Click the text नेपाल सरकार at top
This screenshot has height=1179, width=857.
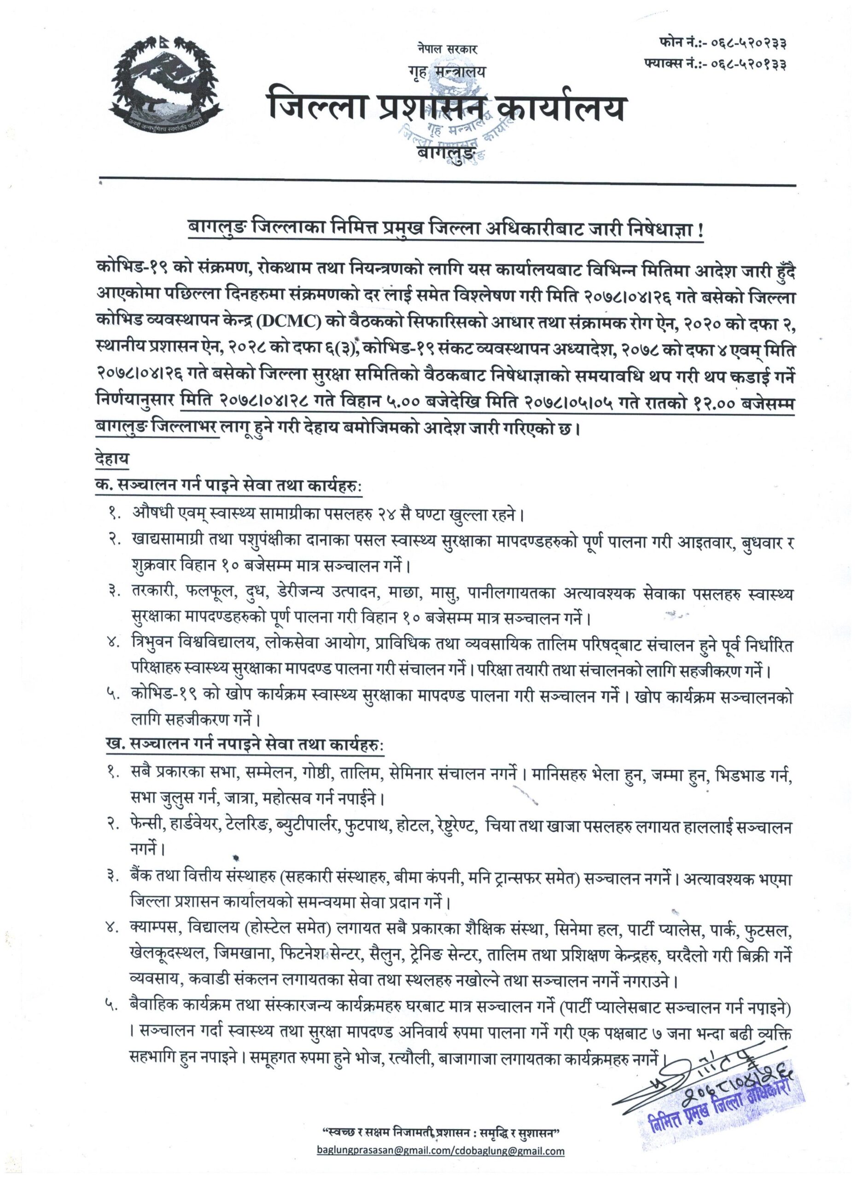(x=446, y=49)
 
